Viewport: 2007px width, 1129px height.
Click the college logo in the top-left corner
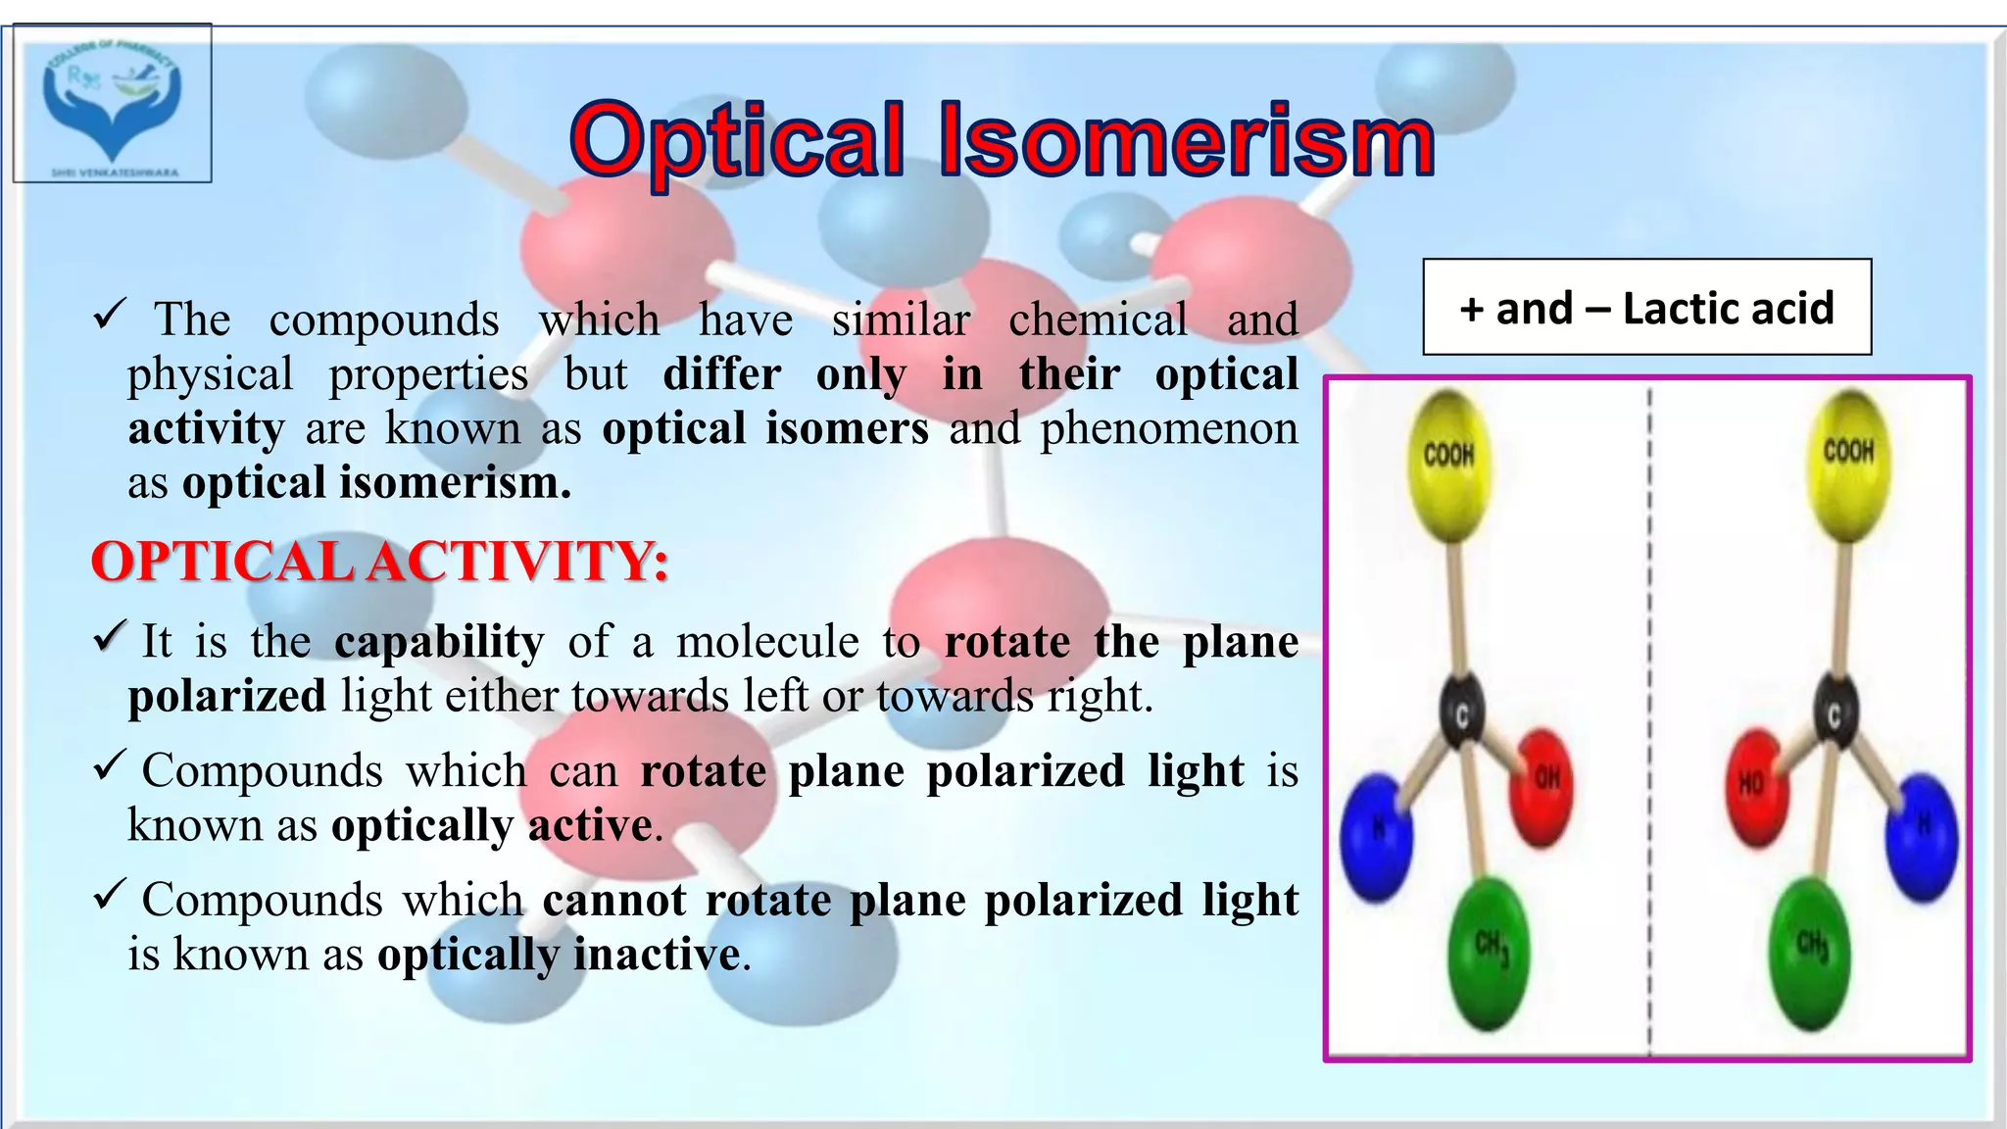tap(112, 104)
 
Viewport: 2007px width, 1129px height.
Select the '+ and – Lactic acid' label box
tap(1646, 308)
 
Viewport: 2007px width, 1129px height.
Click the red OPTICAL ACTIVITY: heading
tap(380, 562)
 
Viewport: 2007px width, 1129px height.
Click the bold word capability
tap(439, 642)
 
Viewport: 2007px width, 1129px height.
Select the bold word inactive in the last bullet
tap(656, 954)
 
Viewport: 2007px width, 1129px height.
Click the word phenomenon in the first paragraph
tap(1168, 428)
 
